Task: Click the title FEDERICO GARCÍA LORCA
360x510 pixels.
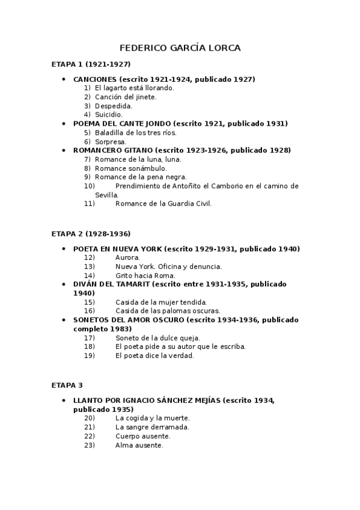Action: pyautogui.click(x=180, y=48)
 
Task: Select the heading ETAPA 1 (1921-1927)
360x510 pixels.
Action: pyautogui.click(x=91, y=64)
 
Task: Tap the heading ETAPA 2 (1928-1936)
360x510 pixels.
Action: pyautogui.click(x=91, y=233)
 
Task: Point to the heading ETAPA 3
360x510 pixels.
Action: pyautogui.click(x=67, y=385)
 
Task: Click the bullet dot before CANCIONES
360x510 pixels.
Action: pyautogui.click(x=64, y=79)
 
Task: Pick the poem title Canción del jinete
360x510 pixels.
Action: pyautogui.click(x=126, y=97)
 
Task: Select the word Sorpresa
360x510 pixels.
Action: pyautogui.click(x=111, y=142)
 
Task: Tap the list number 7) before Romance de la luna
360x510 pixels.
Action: pyautogui.click(x=87, y=159)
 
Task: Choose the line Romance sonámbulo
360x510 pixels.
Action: pyautogui.click(x=131, y=168)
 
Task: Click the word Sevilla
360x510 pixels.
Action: pyautogui.click(x=106, y=195)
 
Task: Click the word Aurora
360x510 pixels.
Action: pyautogui.click(x=127, y=257)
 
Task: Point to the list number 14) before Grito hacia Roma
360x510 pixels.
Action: pyautogui.click(x=89, y=275)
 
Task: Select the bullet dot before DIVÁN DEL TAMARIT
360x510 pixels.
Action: pyautogui.click(x=64, y=284)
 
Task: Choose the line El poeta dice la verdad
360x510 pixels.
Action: pyautogui.click(x=154, y=355)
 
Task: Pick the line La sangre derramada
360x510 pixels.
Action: pyautogui.click(x=152, y=427)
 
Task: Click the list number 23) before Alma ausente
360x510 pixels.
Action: pyautogui.click(x=89, y=445)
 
